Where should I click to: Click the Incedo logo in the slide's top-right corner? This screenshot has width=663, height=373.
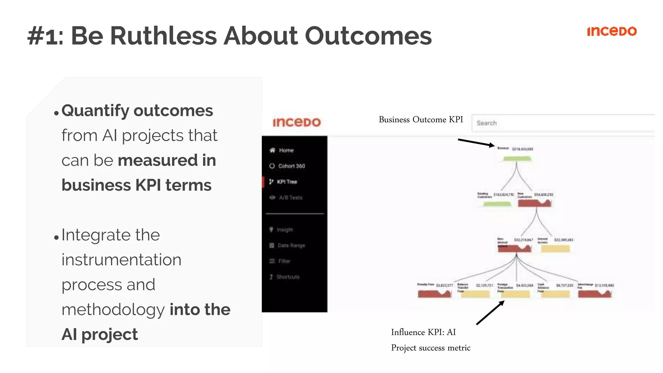tap(612, 31)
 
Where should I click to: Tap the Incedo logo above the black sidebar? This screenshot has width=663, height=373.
tap(297, 122)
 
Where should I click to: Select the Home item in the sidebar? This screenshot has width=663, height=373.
tap(286, 150)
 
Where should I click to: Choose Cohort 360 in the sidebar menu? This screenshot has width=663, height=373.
tap(291, 166)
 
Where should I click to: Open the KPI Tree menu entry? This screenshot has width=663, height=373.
tap(287, 182)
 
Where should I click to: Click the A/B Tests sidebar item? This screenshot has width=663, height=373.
tap(290, 198)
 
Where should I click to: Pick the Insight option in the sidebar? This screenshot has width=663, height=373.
tap(284, 230)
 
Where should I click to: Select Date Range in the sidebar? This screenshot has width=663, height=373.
tap(291, 245)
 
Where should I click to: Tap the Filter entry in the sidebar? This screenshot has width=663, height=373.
tap(284, 261)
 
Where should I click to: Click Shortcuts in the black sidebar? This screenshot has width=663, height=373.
tap(287, 277)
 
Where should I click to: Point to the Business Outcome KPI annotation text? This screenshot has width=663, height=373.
tap(421, 119)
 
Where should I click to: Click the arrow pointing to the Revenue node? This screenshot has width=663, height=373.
tap(476, 143)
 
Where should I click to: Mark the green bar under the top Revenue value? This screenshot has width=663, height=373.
tap(517, 158)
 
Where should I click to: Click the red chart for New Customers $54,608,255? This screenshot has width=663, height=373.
tap(534, 203)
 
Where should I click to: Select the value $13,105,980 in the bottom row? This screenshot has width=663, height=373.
tap(604, 285)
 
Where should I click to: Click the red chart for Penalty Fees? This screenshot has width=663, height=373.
tap(434, 294)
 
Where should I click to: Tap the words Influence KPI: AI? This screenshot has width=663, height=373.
tap(423, 332)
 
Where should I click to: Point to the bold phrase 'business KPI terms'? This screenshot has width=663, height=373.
tap(136, 185)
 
